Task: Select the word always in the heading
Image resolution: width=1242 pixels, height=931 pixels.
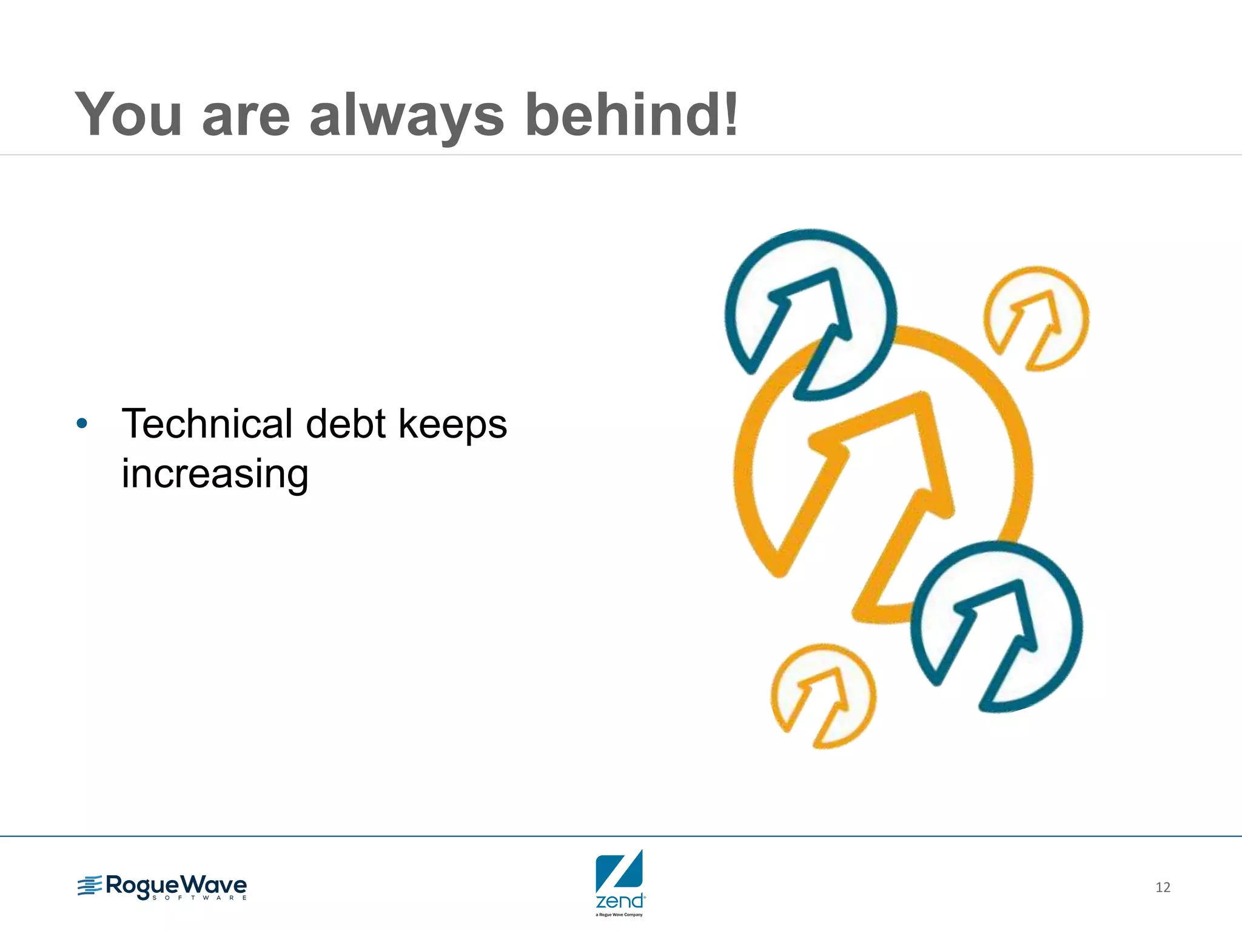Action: click(x=406, y=115)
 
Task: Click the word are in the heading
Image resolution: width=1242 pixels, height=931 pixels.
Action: click(x=246, y=115)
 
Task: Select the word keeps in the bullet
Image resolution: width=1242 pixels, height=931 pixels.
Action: click(x=452, y=424)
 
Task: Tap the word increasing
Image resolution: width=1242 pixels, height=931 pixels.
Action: click(x=215, y=474)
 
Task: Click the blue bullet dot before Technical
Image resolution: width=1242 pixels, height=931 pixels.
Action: click(x=82, y=423)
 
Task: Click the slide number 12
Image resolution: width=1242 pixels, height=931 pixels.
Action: click(x=1163, y=887)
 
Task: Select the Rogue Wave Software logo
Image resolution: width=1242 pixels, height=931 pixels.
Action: click(x=163, y=887)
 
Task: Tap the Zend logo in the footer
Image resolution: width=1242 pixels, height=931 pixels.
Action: click(x=619, y=883)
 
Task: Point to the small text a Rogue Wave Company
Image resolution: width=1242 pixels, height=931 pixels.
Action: click(x=619, y=915)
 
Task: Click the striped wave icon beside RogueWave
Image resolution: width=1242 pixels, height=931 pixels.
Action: click(x=90, y=886)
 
